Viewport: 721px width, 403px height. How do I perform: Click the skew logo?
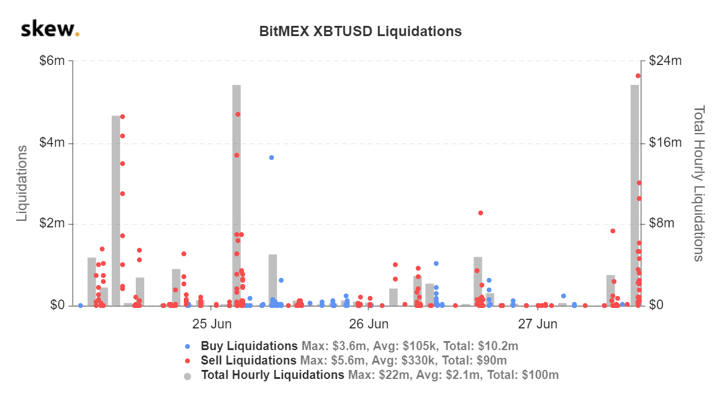[x=49, y=29]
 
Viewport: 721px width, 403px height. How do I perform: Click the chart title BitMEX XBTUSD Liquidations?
[x=360, y=31]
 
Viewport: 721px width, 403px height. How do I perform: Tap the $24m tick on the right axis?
[x=665, y=61]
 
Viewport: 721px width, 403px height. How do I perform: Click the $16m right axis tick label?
[x=665, y=143]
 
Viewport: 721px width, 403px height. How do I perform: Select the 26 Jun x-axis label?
[x=368, y=324]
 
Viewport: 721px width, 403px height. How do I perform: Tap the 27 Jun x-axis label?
[x=537, y=324]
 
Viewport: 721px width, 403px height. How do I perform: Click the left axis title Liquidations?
[x=22, y=183]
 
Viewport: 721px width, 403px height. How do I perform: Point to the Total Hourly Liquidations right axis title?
[x=698, y=183]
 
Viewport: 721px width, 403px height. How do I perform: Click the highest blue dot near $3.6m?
[x=272, y=158]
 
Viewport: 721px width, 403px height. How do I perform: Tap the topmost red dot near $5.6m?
[x=638, y=76]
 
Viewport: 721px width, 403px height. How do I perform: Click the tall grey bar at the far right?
[x=634, y=198]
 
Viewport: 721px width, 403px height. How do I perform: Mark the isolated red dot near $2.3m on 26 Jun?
[x=481, y=213]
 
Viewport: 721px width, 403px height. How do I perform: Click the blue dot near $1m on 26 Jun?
[x=436, y=263]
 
